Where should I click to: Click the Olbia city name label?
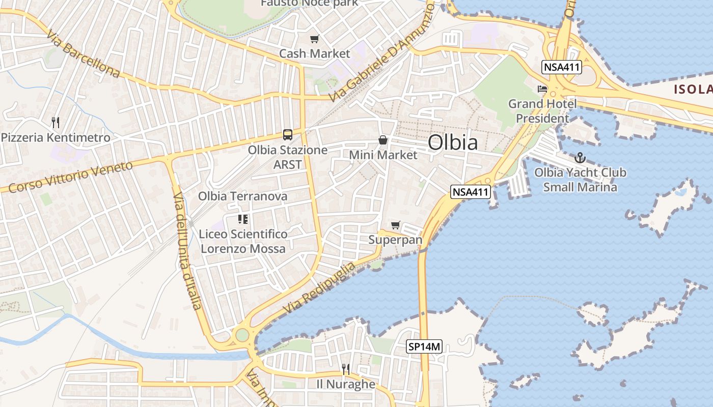point(453,142)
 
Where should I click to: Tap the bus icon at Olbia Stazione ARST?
point(288,135)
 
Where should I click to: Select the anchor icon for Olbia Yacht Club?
point(580,158)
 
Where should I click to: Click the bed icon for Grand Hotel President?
point(542,89)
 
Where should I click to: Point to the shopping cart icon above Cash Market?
point(315,39)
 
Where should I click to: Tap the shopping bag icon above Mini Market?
point(383,140)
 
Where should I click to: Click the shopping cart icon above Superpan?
point(395,225)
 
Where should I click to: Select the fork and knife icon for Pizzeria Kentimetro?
point(56,122)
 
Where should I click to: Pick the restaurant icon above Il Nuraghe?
point(346,369)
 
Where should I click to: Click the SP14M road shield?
point(424,347)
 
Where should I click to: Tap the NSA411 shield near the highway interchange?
point(562,67)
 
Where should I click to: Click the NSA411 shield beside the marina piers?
point(471,192)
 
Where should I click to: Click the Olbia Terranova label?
point(242,196)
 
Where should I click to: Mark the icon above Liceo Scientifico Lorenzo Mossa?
point(243,219)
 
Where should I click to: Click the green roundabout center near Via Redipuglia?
point(242,335)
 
